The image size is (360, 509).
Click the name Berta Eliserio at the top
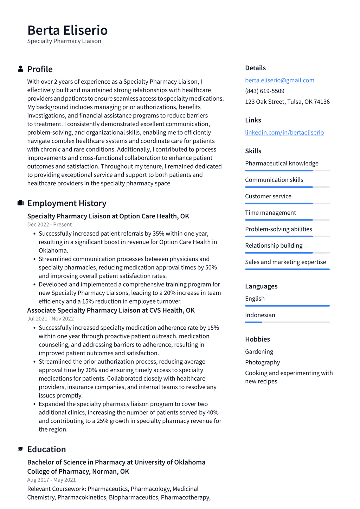(67, 30)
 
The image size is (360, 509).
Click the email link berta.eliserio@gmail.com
(279, 80)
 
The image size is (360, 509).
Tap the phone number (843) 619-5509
(264, 91)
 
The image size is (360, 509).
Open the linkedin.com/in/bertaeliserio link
(284, 133)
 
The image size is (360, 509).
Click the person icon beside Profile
(20, 69)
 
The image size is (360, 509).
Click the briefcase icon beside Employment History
(20, 203)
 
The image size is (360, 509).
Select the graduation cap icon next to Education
(20, 449)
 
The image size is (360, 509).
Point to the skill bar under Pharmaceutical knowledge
(287, 171)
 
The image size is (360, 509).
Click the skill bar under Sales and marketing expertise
(287, 269)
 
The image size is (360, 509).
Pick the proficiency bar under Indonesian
(287, 322)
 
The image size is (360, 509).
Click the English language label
(255, 299)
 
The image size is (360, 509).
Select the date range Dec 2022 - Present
(49, 225)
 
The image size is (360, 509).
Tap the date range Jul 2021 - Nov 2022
(50, 319)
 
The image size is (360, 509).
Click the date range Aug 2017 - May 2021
(51, 480)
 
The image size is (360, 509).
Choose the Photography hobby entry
(262, 362)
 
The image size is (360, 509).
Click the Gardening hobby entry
(259, 352)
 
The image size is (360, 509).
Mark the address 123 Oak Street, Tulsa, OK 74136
(287, 102)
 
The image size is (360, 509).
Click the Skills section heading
(253, 151)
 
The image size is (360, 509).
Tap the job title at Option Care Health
(108, 216)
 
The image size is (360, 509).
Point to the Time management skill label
(270, 213)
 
